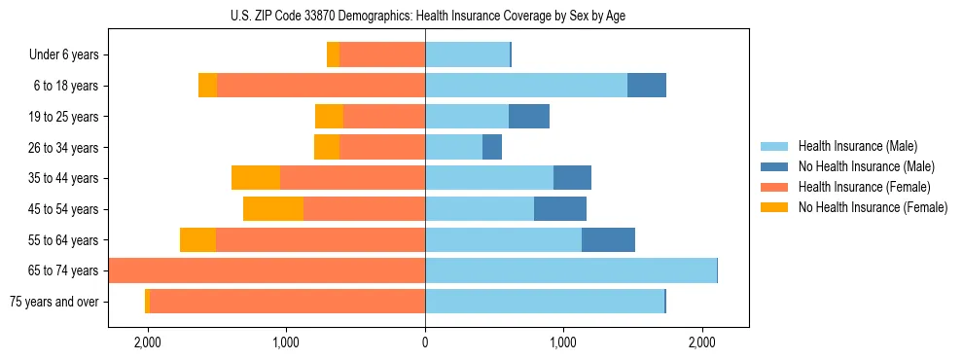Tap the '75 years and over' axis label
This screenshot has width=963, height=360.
(54, 302)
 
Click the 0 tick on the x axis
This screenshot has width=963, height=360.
(425, 343)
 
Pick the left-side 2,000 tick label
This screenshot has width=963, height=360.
(148, 343)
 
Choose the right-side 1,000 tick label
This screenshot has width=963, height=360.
(563, 343)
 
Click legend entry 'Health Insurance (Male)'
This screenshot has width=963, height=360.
(857, 146)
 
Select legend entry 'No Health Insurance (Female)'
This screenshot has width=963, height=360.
(873, 207)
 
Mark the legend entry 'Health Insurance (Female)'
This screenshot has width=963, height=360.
(864, 187)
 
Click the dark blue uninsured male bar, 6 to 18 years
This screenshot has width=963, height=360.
(647, 86)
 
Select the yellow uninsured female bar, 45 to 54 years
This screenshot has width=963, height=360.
(273, 209)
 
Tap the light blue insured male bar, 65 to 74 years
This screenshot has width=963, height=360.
(571, 270)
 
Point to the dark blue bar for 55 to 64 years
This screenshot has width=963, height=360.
(608, 240)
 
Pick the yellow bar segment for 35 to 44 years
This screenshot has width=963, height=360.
(256, 178)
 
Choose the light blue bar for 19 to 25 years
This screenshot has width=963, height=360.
(467, 117)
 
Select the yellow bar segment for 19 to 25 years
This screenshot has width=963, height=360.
(329, 117)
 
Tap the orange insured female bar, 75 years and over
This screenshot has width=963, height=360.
(287, 302)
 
